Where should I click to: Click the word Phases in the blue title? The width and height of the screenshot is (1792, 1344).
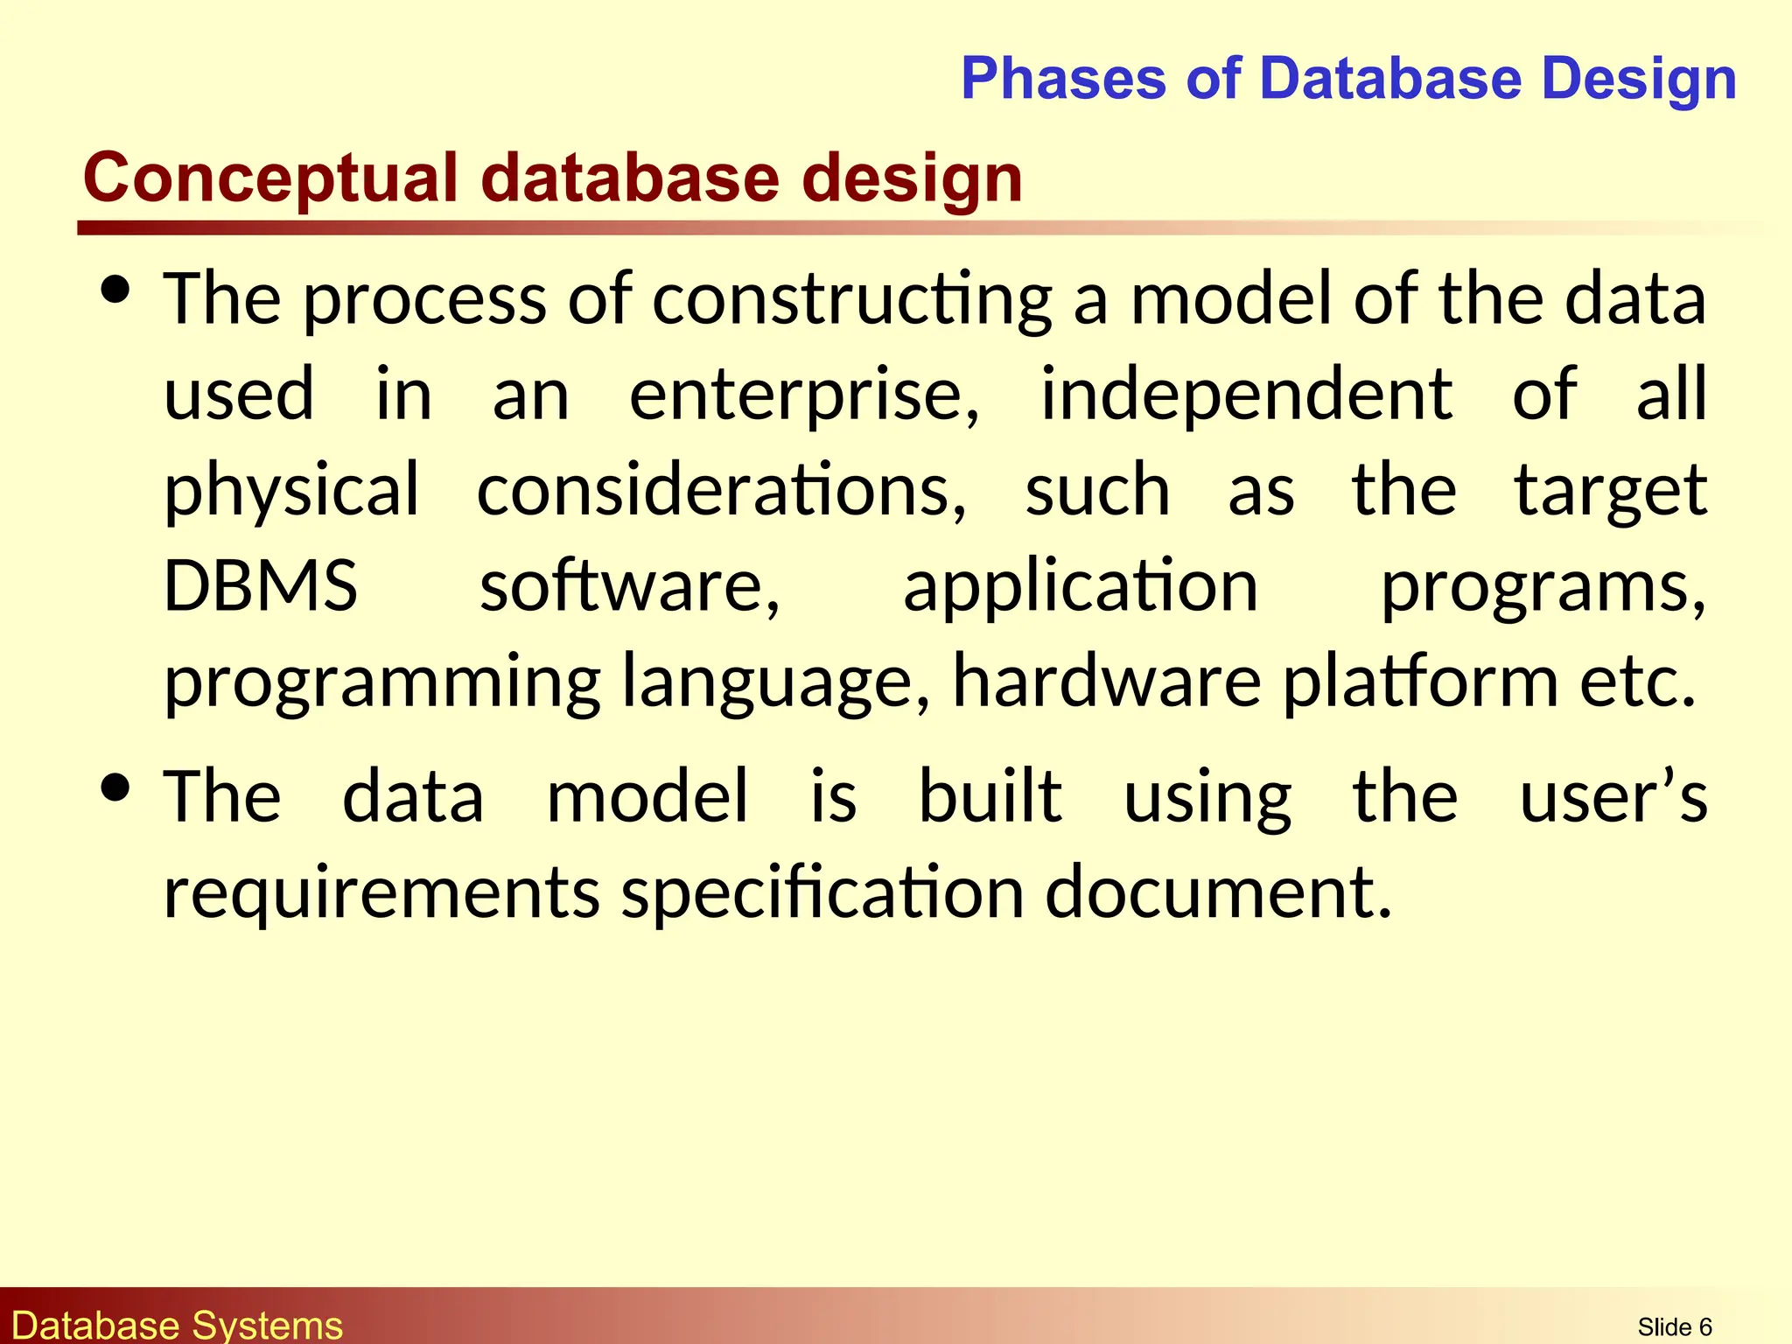point(1063,79)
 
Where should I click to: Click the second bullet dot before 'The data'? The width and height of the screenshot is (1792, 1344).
point(115,787)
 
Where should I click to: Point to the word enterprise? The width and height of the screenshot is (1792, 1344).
point(804,396)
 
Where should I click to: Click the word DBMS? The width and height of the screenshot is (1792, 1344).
point(261,585)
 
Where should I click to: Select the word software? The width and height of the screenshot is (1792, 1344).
point(629,585)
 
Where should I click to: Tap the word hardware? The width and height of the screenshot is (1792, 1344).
point(1106,681)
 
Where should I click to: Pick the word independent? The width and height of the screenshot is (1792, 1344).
point(1246,395)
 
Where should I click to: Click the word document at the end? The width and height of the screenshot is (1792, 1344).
point(1217,892)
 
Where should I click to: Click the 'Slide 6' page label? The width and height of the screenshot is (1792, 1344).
point(1674,1327)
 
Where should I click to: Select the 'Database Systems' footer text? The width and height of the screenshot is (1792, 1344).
point(178,1326)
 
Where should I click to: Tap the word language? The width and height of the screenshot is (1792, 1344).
point(775,682)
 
